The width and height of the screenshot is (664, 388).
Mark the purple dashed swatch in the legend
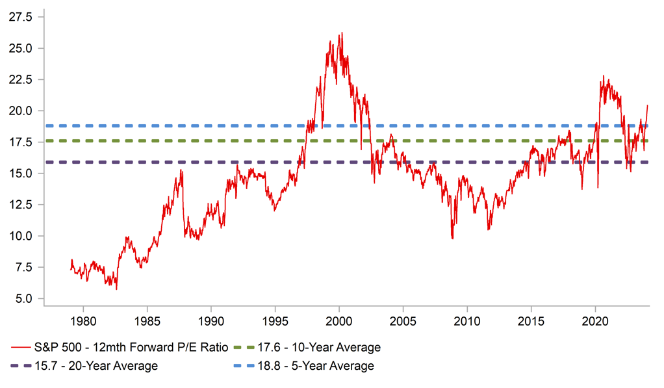click(29, 366)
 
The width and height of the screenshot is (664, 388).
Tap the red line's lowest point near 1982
click(116, 289)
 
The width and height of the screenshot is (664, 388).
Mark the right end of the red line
click(648, 105)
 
